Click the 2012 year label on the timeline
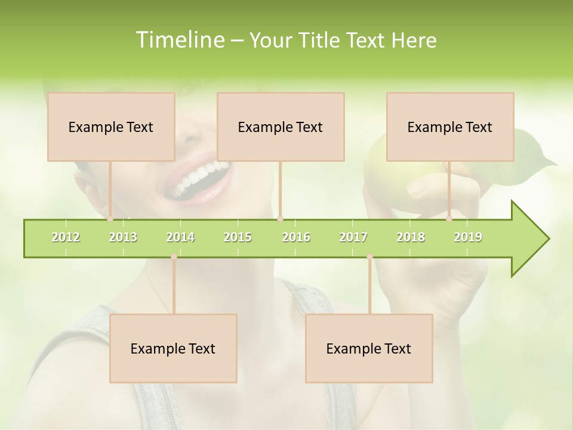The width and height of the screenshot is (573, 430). [66, 237]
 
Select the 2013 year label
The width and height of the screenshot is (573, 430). [123, 237]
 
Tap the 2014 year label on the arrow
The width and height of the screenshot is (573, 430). [180, 237]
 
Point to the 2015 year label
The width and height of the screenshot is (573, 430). [238, 237]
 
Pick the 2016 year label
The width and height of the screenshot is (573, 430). [296, 237]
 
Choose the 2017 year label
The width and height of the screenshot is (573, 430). [353, 237]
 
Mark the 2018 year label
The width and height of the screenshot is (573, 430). [411, 237]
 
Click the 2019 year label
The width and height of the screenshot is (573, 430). [468, 237]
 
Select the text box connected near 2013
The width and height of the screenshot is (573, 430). [111, 127]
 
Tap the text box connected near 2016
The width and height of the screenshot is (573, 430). [281, 127]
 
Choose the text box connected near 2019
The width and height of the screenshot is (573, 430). [450, 127]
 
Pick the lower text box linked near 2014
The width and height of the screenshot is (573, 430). [173, 348]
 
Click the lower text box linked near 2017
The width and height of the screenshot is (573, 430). [369, 348]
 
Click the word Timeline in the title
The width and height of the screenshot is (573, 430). [178, 40]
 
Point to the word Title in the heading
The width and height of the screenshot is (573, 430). [321, 40]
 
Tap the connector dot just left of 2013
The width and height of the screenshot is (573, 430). [110, 219]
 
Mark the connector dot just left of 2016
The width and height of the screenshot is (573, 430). [280, 219]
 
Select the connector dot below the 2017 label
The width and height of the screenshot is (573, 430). [369, 257]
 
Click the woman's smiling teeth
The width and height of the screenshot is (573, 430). [200, 176]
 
